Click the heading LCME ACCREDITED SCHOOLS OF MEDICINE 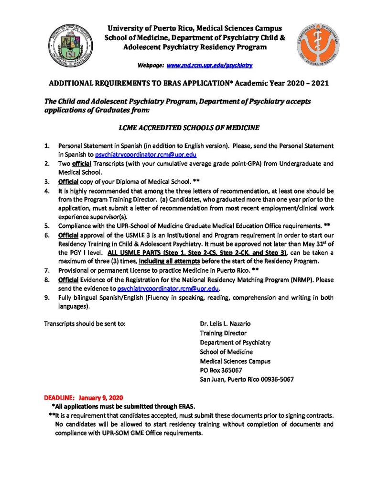189,128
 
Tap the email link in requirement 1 143,155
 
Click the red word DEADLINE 59,398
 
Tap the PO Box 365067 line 221,370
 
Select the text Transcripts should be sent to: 85,323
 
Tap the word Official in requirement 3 68,182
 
